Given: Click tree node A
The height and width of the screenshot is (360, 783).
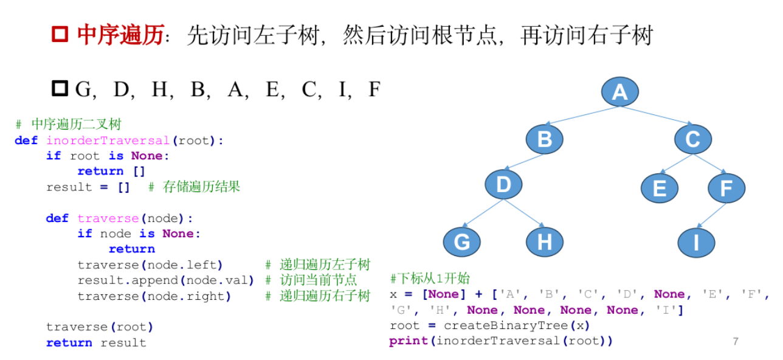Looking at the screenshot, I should tap(619, 92).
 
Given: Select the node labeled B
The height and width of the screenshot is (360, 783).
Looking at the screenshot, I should tap(545, 139).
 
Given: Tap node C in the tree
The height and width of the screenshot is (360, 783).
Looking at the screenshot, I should tap(692, 139).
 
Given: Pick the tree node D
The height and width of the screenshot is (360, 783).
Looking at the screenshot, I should tap(503, 184).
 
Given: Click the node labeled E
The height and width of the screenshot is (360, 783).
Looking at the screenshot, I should tap(659, 188).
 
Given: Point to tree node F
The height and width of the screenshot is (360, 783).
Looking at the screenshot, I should tap(726, 188).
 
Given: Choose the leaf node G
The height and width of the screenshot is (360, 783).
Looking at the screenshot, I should tap(462, 242).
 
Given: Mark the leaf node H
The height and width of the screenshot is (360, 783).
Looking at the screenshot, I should tap(545, 242).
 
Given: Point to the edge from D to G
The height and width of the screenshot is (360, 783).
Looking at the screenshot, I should tap(481, 214).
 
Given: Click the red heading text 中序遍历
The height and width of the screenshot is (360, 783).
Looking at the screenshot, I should tap(120, 35).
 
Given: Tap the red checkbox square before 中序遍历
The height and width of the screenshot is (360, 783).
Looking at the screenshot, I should tap(60, 34).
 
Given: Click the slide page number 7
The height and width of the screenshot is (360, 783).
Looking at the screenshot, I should tap(736, 341).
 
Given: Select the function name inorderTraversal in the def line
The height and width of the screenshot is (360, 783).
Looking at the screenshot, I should tap(109, 141).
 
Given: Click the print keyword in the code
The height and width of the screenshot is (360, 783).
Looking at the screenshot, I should tap(409, 341).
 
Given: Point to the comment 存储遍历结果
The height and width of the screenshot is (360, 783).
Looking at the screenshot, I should tap(202, 187).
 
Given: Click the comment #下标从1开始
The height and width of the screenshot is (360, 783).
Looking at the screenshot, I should tap(430, 279).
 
